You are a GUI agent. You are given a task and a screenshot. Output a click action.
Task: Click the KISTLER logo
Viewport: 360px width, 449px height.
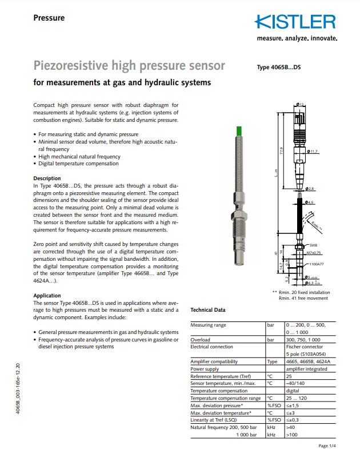click(x=295, y=22)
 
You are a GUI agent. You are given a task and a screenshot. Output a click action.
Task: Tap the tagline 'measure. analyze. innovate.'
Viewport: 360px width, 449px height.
click(x=297, y=39)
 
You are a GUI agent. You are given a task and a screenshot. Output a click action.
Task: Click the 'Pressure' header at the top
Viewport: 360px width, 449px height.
click(x=49, y=18)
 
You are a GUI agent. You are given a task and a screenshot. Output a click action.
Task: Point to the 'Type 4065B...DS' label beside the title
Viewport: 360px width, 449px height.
click(x=278, y=67)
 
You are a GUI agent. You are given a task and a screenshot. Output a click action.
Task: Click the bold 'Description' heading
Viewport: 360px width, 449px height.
click(x=47, y=178)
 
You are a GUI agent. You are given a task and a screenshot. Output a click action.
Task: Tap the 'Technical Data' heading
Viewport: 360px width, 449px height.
click(x=207, y=310)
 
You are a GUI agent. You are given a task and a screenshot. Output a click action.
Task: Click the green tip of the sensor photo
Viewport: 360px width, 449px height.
click(x=238, y=133)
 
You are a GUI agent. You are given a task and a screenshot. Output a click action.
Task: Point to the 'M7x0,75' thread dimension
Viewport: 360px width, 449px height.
click(x=314, y=252)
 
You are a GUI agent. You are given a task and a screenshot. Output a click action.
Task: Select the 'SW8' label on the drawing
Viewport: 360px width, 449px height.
click(x=313, y=245)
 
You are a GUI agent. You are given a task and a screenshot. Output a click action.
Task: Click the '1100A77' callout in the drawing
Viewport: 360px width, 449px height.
click(x=316, y=264)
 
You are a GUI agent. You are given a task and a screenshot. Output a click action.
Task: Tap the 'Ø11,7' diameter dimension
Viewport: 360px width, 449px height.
click(x=312, y=152)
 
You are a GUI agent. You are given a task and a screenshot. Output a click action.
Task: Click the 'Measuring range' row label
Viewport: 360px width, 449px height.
click(x=208, y=325)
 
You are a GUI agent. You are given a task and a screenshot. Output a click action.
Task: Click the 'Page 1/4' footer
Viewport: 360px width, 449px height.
click(x=327, y=444)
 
